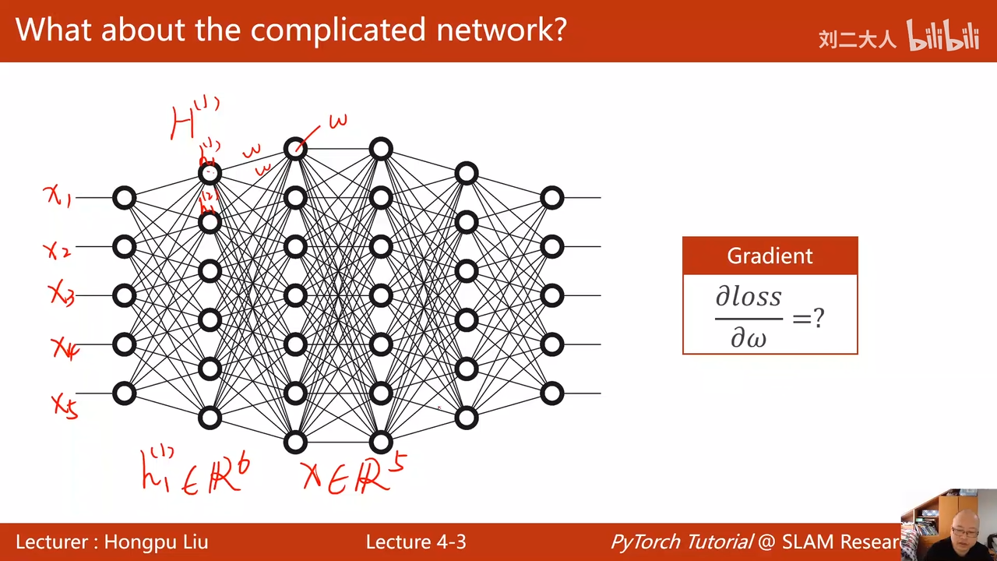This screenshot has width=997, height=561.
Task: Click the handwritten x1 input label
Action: [58, 196]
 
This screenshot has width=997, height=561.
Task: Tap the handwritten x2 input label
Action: [57, 250]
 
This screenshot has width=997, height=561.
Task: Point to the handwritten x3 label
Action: [62, 294]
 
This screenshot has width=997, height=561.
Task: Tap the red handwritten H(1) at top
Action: [193, 119]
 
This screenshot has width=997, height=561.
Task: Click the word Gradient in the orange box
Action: [770, 256]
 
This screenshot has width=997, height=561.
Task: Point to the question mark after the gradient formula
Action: [818, 318]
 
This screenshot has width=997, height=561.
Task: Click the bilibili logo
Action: [942, 36]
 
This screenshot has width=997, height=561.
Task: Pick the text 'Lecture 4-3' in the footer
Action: [416, 542]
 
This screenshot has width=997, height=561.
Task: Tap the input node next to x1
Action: [125, 198]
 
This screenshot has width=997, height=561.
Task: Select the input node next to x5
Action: [125, 393]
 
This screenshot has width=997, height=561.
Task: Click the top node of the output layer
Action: [551, 198]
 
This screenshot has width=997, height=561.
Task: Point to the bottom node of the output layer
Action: [551, 393]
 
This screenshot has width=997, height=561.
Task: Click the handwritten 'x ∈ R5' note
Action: [354, 471]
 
